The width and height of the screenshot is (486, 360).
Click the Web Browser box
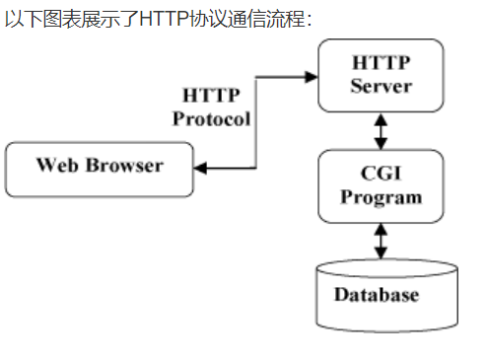(x=100, y=170)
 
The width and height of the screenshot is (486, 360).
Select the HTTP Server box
(x=381, y=76)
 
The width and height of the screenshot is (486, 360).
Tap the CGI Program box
(x=381, y=184)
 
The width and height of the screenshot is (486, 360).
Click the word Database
(x=376, y=295)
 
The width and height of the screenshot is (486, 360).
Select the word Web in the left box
(x=55, y=164)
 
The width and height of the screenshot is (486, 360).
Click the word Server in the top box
(x=381, y=86)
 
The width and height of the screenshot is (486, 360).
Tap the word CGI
(x=381, y=175)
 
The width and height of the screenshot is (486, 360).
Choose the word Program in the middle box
(x=381, y=195)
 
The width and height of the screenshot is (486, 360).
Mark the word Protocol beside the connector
(x=212, y=118)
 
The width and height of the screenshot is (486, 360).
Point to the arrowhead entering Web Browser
(x=200, y=170)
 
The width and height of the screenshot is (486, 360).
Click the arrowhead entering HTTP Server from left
(x=312, y=76)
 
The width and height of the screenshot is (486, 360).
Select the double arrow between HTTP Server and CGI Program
(x=381, y=129)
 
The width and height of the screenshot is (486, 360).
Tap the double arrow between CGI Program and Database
(x=381, y=241)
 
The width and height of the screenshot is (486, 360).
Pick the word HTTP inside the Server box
(x=381, y=64)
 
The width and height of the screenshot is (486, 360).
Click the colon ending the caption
(x=309, y=21)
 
